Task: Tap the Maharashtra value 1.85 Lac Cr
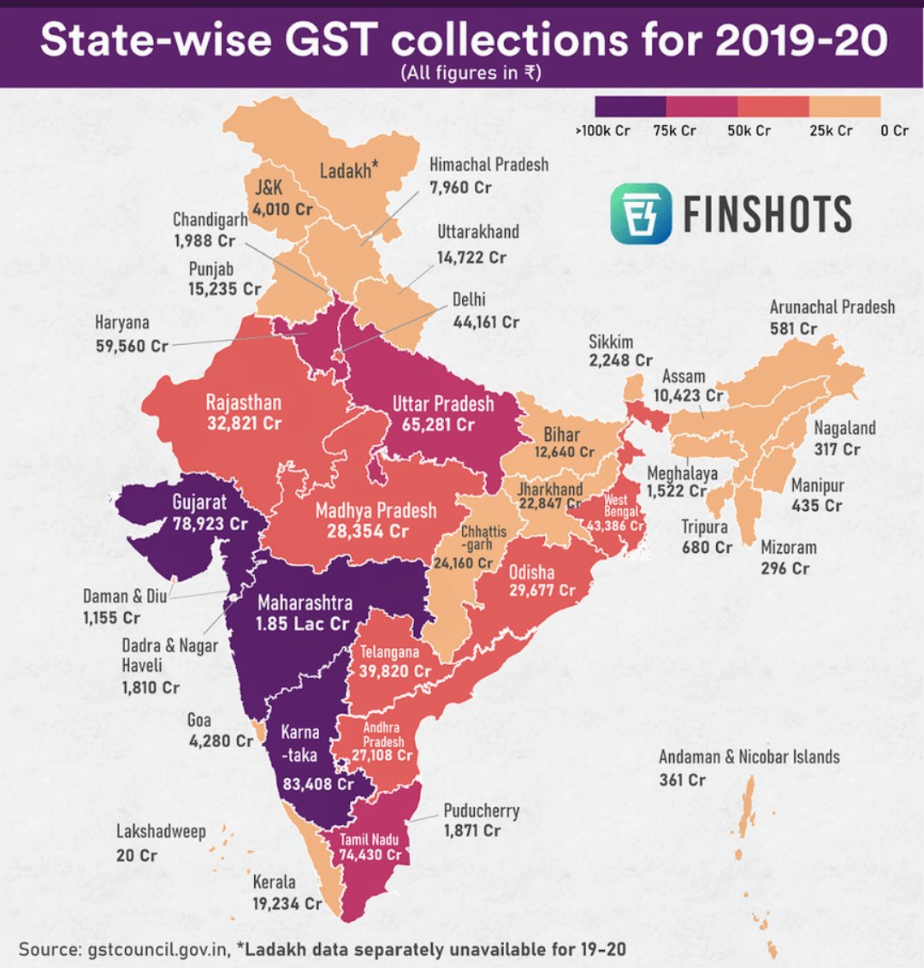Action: coord(303,624)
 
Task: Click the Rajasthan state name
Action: coord(243,402)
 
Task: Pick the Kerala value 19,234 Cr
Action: coord(287,903)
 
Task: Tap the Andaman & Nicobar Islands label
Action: coord(749,757)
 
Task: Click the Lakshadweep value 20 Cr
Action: coord(137,855)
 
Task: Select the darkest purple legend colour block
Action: coord(630,106)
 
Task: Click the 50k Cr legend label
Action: coord(749,131)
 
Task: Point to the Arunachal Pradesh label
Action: coord(832,307)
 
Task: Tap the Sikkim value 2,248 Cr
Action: coord(620,361)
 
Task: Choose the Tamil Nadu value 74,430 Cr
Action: coord(370,854)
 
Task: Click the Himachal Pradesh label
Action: coord(489,164)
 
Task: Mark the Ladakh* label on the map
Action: coord(349,170)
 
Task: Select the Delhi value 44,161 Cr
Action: coord(485,322)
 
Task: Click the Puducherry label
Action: coord(481,810)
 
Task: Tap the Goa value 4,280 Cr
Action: coord(221,740)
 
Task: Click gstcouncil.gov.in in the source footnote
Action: coord(157,949)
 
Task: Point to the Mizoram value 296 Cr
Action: coord(785,568)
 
